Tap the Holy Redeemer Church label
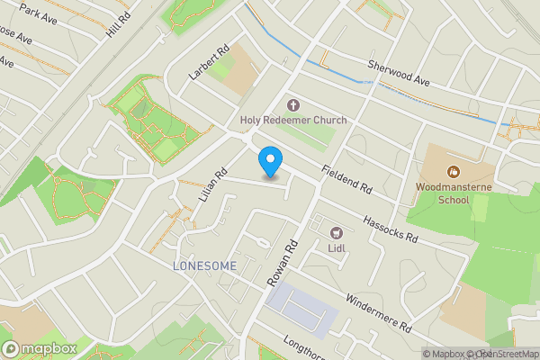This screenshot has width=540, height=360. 292,120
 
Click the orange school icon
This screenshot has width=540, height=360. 453,170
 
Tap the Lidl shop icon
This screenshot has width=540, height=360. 337,232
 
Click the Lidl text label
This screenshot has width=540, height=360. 337,248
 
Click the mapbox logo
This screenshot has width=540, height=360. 39,349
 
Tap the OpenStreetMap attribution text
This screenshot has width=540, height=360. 506,354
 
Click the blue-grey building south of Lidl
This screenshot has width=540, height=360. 301,309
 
